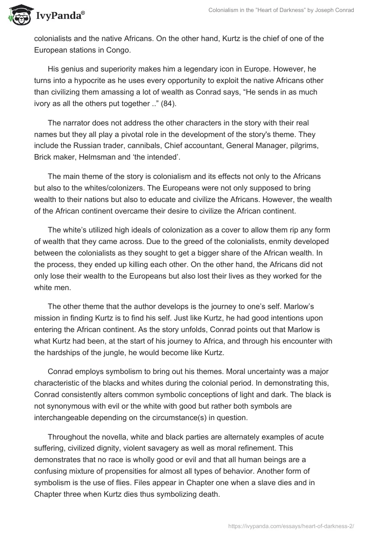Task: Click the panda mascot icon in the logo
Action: (x=18, y=15)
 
